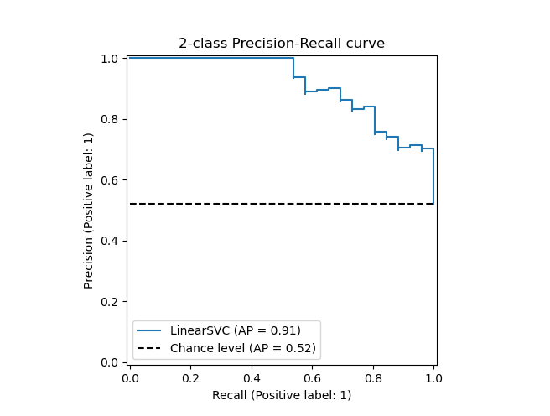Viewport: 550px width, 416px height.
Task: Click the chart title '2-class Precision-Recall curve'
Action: tap(281, 44)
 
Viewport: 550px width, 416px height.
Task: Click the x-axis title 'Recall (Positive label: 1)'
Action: tap(281, 395)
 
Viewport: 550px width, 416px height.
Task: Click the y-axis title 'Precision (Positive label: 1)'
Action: tap(89, 210)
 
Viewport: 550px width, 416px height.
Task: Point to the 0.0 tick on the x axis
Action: tap(130, 378)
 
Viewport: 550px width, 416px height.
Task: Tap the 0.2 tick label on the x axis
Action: tap(190, 378)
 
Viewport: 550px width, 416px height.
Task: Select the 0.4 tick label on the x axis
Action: tap(252, 378)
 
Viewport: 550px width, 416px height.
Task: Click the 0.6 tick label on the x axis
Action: tap(312, 378)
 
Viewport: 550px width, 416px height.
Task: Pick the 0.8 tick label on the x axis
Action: tap(373, 378)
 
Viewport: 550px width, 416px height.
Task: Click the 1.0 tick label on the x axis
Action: tap(433, 378)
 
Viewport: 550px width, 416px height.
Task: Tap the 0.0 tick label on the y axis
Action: tap(110, 362)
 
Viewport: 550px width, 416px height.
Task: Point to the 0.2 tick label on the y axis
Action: tap(110, 302)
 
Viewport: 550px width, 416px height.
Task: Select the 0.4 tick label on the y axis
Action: tap(110, 241)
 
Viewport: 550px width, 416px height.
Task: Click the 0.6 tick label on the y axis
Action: tap(110, 180)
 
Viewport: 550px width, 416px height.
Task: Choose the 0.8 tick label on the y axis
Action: tap(110, 119)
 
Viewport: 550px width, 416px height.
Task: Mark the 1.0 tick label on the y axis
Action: tap(110, 59)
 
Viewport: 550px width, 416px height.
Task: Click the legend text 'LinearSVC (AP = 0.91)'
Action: tap(235, 330)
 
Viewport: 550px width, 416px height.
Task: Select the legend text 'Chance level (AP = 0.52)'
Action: tap(242, 347)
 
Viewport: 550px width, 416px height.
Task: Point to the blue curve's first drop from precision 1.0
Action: tap(293, 67)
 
